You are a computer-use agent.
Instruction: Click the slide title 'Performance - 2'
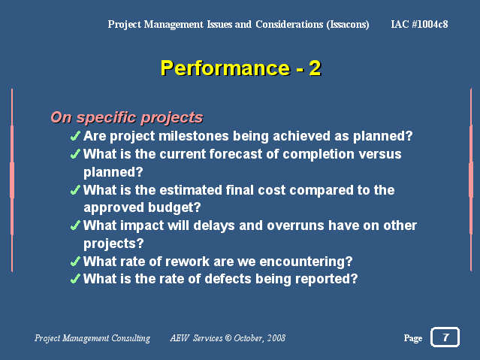240,68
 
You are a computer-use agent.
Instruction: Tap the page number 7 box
445,337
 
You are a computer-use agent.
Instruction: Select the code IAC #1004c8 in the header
419,24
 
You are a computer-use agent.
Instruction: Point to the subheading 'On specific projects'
127,118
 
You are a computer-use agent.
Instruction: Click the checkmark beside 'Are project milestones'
75,136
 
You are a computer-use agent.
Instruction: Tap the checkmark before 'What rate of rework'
75,262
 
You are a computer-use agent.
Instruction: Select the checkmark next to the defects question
75,279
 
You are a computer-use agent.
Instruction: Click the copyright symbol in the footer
228,338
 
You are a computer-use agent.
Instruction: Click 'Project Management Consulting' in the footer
92,338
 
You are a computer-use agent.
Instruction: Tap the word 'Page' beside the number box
413,338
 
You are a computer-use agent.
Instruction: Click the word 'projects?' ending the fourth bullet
113,244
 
